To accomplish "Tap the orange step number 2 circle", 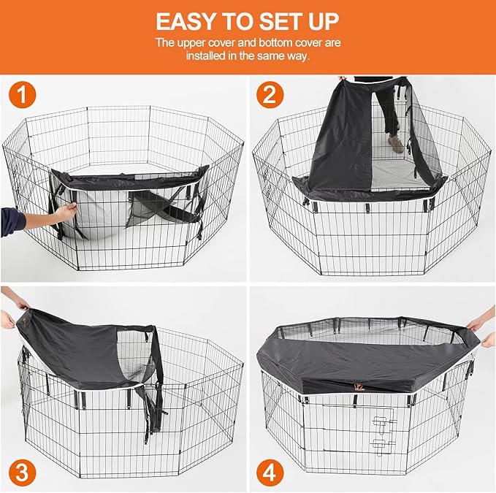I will click(x=270, y=94).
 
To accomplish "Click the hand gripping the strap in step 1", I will click(x=66, y=209).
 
